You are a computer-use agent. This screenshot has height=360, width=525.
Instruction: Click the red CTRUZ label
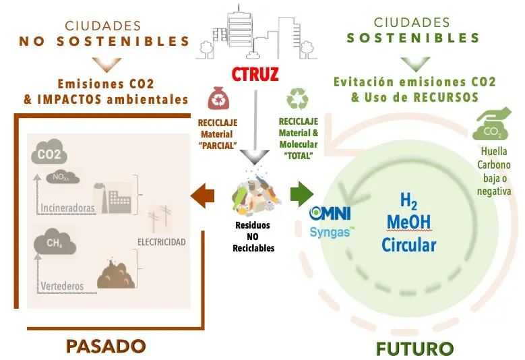tap(255, 74)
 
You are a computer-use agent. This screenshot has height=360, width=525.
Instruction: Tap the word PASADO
tap(106, 347)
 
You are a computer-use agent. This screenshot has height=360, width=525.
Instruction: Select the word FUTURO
tap(414, 349)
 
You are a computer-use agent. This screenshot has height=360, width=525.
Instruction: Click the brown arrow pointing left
tap(202, 195)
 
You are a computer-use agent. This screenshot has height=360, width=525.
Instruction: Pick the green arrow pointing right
tap(302, 195)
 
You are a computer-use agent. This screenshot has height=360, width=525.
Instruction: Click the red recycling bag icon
tap(218, 98)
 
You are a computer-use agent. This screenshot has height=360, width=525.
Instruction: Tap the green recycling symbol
tap(297, 98)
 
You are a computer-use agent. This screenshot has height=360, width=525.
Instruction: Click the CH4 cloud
tap(55, 241)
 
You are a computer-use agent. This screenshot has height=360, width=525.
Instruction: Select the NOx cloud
tap(63, 177)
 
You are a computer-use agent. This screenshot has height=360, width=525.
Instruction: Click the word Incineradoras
tap(67, 208)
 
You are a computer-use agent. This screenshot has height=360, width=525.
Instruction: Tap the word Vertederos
tap(62, 286)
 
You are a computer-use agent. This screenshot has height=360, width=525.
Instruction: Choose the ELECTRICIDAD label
tap(161, 242)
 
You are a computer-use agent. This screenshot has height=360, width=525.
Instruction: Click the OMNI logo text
tap(330, 213)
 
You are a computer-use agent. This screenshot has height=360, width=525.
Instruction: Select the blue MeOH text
tap(409, 222)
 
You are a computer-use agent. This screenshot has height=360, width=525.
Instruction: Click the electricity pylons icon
tap(160, 218)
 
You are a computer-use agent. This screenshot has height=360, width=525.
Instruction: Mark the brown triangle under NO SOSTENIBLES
tap(106, 65)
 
